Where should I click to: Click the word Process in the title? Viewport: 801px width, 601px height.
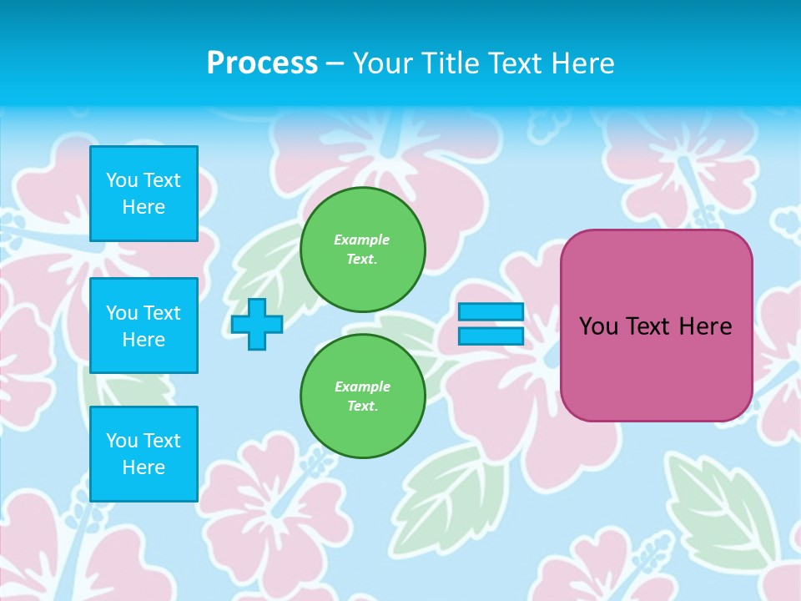(x=262, y=63)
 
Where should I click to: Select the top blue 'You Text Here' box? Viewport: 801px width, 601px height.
(x=144, y=194)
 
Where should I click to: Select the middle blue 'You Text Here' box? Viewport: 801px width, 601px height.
(x=144, y=326)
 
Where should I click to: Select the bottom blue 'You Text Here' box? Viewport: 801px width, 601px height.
(x=144, y=454)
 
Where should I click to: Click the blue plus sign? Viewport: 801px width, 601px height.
(x=256, y=324)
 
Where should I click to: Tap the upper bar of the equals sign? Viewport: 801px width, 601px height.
(x=491, y=311)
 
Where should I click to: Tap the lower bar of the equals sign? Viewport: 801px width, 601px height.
(x=491, y=336)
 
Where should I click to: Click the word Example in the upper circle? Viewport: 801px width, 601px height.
(x=362, y=240)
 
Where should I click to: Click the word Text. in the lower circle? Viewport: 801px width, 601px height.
(x=362, y=407)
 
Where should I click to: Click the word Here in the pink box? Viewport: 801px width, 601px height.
(x=705, y=326)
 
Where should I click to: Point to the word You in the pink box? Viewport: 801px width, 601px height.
(x=598, y=326)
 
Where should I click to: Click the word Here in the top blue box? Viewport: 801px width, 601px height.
(x=144, y=207)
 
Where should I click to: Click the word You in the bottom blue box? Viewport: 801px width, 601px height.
(x=122, y=441)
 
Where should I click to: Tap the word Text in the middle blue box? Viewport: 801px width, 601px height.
(x=162, y=313)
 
